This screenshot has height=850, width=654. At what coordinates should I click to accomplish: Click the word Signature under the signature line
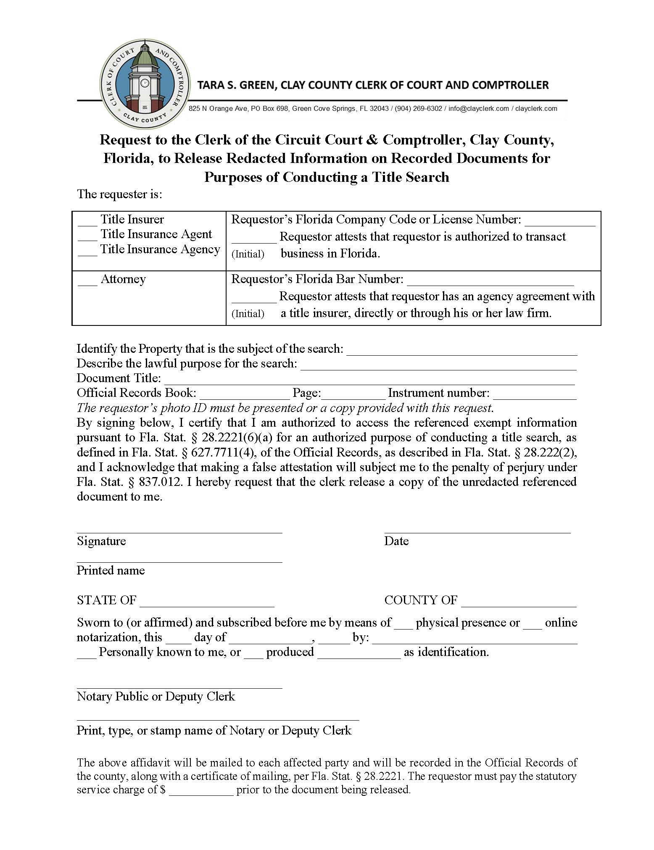pos(101,541)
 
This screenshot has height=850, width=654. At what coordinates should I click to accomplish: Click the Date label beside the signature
pos(396,541)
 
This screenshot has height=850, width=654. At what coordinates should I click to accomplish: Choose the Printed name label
pos(111,570)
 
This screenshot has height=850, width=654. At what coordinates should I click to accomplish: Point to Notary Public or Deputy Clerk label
pos(156,696)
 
